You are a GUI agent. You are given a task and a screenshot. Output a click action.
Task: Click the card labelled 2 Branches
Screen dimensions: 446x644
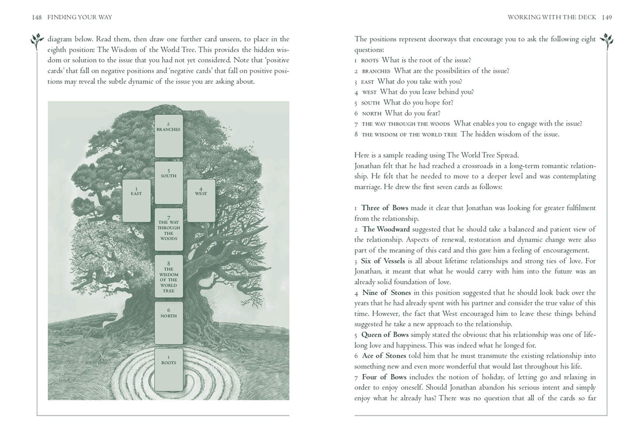168,135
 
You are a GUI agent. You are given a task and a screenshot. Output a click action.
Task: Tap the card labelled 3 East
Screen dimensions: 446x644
136,200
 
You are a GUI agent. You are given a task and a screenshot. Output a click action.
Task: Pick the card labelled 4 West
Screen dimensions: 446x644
200,200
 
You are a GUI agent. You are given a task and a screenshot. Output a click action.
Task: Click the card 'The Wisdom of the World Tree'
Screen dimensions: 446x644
168,276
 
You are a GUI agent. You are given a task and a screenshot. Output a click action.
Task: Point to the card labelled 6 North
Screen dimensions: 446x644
168,322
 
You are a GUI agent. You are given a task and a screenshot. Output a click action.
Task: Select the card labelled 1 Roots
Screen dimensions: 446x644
168,369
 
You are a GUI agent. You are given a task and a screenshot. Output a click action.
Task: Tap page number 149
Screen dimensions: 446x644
606,18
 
